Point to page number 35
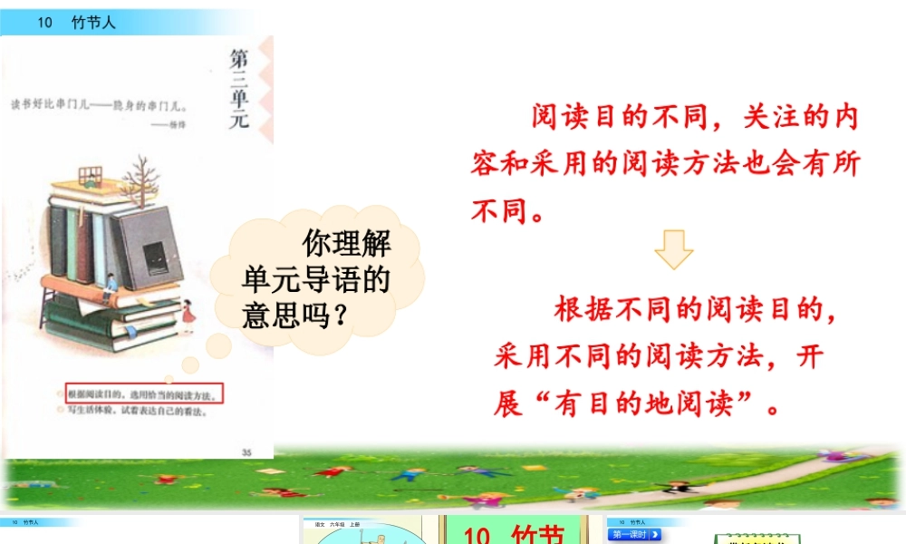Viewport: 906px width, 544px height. click(247, 452)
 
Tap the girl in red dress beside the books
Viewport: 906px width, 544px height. click(189, 316)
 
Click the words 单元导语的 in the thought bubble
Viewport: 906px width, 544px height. click(315, 280)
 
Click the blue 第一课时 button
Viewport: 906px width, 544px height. click(635, 535)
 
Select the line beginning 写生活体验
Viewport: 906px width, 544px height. click(136, 411)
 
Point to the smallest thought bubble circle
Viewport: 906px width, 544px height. click(190, 364)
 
